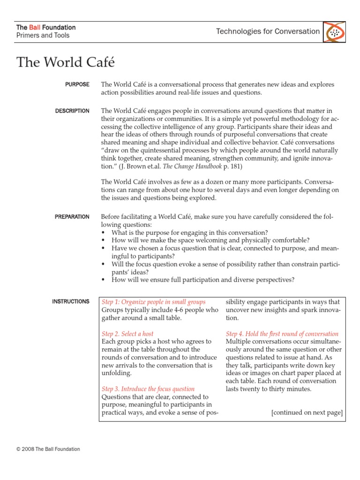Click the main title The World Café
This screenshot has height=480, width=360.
66,62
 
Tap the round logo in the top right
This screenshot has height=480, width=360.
334,32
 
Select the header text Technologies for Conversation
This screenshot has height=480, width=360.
268,31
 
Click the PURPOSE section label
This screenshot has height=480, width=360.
77,84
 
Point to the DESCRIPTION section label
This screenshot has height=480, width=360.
72,111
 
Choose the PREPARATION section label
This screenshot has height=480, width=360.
72,217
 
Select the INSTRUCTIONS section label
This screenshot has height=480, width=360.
71,301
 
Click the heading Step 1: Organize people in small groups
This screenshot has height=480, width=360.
154,302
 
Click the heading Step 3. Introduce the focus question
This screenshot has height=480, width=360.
148,389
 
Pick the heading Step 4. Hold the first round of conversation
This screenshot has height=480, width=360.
282,334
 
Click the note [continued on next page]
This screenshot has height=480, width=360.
307,412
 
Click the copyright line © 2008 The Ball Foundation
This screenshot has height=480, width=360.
48,449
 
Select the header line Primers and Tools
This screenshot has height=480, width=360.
43,36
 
